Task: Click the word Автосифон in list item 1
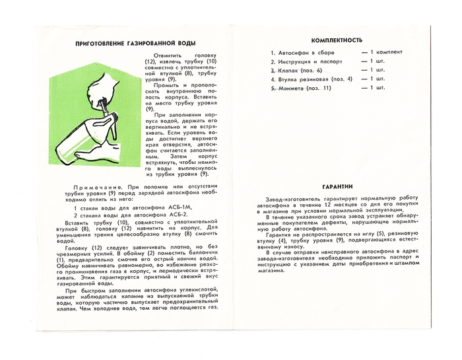(x=296, y=52)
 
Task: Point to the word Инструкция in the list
(x=297, y=61)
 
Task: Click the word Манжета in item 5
(x=292, y=88)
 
